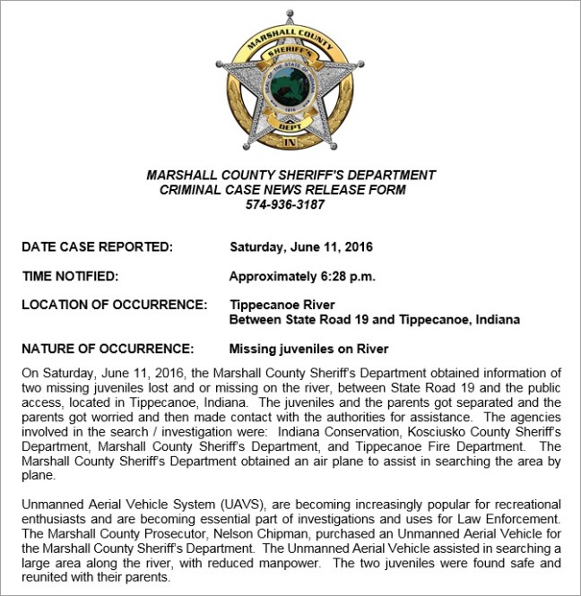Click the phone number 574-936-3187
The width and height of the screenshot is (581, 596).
pos(284,204)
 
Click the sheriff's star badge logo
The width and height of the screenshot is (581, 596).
pos(290,85)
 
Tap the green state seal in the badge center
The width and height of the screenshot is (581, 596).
pos(290,87)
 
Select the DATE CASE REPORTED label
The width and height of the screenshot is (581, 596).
pos(97,246)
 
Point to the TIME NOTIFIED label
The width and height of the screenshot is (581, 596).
pos(70,276)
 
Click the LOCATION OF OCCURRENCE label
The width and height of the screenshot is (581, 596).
pos(115,306)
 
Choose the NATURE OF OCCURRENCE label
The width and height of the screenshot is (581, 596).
pos(108,349)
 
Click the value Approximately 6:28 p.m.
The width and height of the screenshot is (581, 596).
pos(302,276)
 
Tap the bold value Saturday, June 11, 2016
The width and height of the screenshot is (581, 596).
pos(301,246)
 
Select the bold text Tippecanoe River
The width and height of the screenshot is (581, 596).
pos(282,306)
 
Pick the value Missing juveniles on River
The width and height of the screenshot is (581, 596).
pos(309,349)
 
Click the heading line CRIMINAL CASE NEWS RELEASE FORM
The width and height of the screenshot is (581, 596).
pos(282,190)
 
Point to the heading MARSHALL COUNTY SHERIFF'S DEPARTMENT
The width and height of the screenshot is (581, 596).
pos(290,176)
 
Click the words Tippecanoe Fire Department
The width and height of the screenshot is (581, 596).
pos(459,446)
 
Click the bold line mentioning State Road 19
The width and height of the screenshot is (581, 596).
pos(375,320)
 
